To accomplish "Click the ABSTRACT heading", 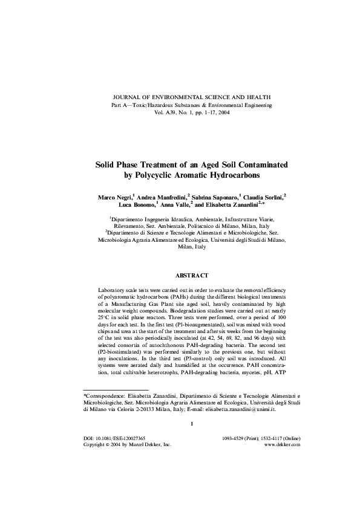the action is coord(191,275).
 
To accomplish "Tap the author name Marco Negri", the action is coord(114,197).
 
